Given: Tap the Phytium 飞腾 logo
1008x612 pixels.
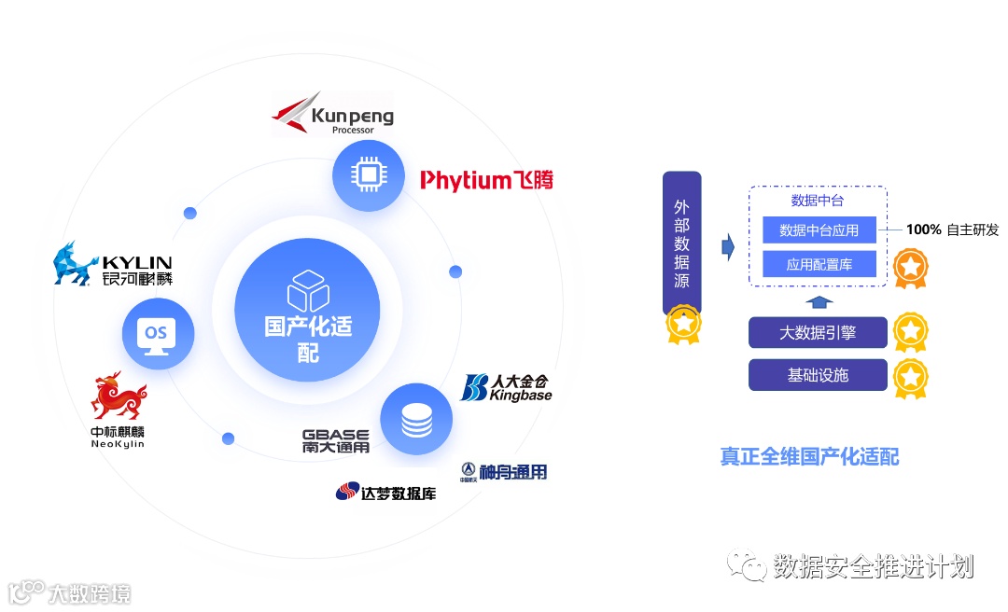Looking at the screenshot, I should (485, 179).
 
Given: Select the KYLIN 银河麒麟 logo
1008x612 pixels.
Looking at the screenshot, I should (113, 264).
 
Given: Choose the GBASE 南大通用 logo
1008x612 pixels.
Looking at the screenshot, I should (336, 440).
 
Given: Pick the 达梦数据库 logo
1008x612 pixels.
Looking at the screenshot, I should (386, 492).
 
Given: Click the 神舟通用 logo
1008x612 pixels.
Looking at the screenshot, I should (503, 471).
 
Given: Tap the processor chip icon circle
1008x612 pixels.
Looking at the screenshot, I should (368, 175).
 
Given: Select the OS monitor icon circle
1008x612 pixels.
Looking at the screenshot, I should (157, 333).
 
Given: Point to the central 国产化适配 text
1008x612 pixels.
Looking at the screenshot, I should (308, 339).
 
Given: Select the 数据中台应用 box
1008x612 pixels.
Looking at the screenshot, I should (819, 229).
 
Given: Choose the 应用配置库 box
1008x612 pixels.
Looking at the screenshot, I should (819, 264).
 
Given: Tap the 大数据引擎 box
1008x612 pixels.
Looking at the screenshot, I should (818, 333).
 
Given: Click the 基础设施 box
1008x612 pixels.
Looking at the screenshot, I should (818, 375).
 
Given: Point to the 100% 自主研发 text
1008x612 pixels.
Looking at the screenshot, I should (952, 229).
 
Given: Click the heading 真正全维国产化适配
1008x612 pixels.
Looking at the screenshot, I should (809, 456).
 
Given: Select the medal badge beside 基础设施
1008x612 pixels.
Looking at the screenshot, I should (910, 378).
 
